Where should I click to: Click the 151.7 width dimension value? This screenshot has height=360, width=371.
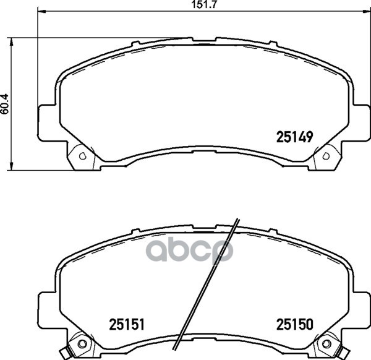click(x=204, y=5)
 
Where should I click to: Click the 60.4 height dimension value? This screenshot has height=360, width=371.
click(x=4, y=104)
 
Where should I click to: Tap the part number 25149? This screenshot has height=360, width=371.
click(x=294, y=137)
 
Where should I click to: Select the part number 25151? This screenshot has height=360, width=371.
click(x=127, y=324)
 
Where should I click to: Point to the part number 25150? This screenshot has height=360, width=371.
click(x=295, y=324)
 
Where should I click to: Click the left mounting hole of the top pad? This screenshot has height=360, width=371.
click(x=83, y=156)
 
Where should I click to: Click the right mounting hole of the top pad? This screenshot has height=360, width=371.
click(x=326, y=156)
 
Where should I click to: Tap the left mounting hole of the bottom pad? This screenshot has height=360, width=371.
click(x=82, y=343)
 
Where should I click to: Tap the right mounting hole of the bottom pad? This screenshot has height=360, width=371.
click(x=326, y=343)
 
